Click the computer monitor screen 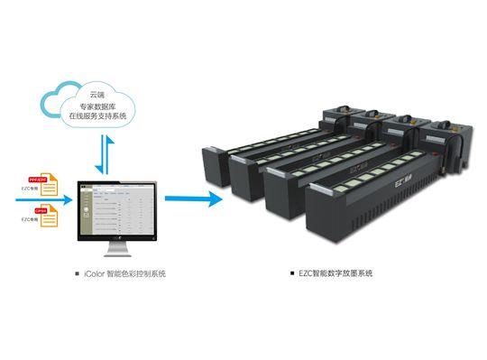pyautogui.click(x=115, y=204)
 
